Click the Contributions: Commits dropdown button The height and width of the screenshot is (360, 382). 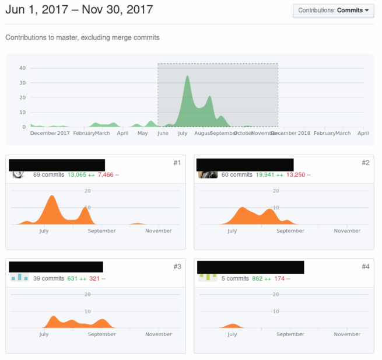(x=334, y=11)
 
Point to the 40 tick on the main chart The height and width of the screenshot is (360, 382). (x=22, y=68)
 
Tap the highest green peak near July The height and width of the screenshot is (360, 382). (x=187, y=76)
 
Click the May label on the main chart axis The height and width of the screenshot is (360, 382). (x=142, y=133)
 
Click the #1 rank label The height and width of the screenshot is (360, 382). (x=177, y=163)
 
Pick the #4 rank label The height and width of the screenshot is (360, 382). (x=365, y=267)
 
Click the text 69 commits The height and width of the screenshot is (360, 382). (x=48, y=174)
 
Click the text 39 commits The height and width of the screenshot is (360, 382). (x=48, y=278)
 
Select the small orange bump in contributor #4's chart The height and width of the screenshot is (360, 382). (x=233, y=325)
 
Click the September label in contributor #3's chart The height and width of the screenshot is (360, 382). (x=102, y=334)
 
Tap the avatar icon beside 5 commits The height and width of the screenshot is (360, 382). (x=208, y=277)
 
